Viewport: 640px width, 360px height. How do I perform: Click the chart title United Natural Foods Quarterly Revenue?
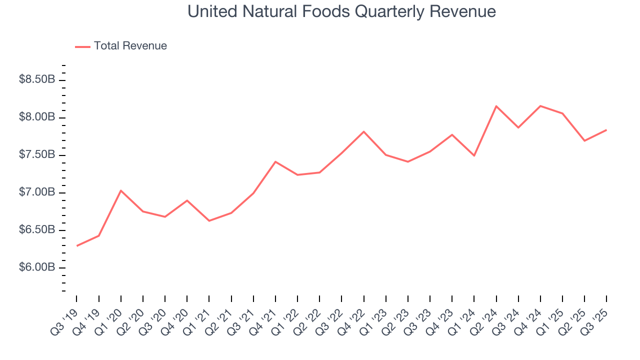(341, 11)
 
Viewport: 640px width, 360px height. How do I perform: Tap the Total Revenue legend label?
(130, 46)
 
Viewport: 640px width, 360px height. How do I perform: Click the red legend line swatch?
(82, 46)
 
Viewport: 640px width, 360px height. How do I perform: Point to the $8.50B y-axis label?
(37, 79)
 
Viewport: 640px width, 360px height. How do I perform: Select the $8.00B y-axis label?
(37, 117)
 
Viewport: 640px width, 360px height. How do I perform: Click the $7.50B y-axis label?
(37, 154)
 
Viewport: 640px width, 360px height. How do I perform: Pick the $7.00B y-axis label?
(37, 192)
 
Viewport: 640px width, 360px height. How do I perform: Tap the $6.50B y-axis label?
(37, 230)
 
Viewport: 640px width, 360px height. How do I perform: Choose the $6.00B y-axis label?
(37, 267)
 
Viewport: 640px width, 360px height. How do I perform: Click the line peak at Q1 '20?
(121, 190)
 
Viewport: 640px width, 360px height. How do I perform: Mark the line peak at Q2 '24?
(496, 106)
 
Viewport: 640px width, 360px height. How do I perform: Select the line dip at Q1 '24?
(474, 155)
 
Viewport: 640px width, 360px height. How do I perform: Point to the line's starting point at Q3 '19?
(77, 245)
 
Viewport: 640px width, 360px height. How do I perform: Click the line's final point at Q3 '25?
(606, 130)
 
